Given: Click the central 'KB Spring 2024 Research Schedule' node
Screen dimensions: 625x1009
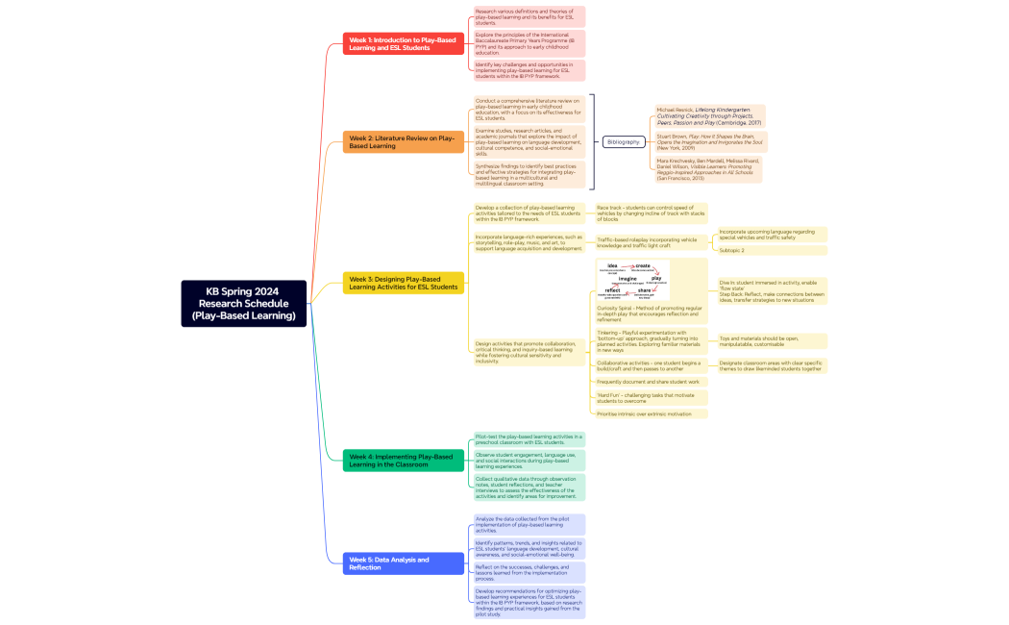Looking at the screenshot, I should (243, 303).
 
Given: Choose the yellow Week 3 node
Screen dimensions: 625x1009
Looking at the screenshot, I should (404, 282).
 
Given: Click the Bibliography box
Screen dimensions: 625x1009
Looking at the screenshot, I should (624, 141).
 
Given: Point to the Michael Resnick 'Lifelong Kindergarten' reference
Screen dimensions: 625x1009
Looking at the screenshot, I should (708, 116).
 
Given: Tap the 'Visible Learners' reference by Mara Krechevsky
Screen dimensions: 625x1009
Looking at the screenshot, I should (708, 169).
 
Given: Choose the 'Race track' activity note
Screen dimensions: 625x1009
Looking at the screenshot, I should (652, 213).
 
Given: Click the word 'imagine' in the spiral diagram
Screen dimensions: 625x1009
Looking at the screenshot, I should (628, 278).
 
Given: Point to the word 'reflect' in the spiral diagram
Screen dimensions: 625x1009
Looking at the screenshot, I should (612, 289).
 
